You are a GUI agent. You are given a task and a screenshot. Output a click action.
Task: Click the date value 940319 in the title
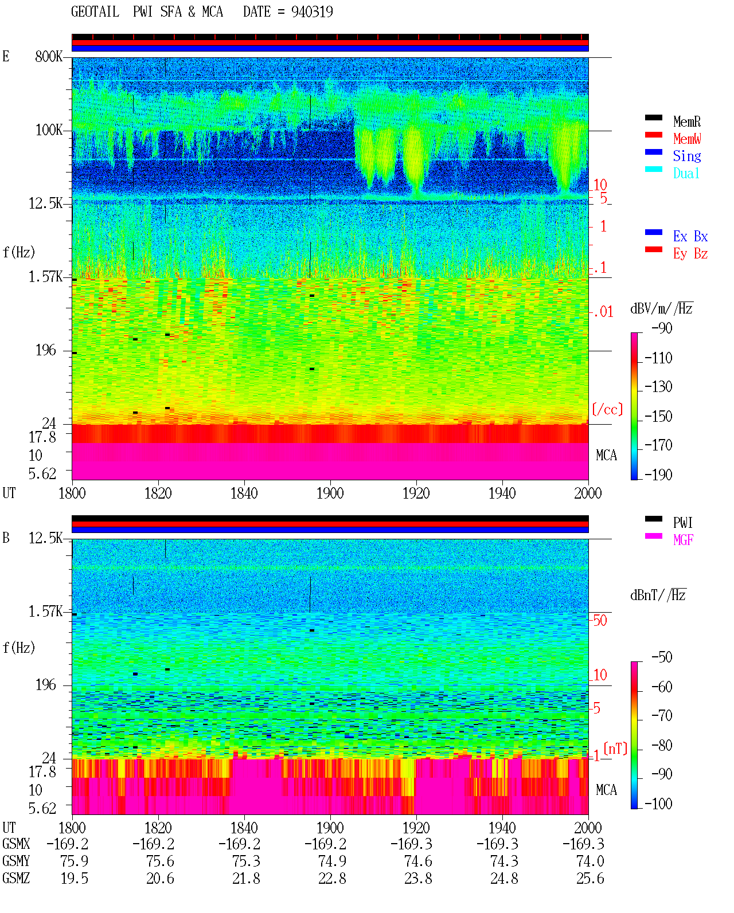click(312, 11)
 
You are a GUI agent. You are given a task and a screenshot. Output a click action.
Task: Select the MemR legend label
click(687, 122)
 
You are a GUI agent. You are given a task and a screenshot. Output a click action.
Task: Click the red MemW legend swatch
click(653, 135)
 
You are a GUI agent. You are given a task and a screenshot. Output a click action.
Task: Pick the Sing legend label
click(687, 156)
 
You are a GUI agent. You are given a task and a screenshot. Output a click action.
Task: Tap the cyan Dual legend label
click(686, 173)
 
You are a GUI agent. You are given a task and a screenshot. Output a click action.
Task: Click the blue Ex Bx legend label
click(690, 236)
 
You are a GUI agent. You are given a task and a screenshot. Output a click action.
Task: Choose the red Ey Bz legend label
click(690, 254)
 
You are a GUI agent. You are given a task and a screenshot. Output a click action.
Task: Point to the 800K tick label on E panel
click(49, 56)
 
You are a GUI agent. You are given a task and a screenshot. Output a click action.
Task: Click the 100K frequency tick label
click(49, 130)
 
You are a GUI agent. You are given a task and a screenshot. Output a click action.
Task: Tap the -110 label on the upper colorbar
click(658, 358)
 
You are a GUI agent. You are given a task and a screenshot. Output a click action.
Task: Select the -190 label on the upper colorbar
click(658, 475)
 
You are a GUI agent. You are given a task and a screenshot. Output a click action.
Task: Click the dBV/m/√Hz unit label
click(661, 308)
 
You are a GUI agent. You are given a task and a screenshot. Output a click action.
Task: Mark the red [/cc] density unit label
click(607, 409)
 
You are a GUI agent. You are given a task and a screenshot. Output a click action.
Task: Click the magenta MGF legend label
click(683, 540)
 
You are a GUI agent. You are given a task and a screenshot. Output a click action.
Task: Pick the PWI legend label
click(683, 522)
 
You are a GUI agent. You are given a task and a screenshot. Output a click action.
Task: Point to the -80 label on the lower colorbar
click(662, 745)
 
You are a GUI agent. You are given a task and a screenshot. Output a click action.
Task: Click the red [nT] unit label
click(615, 749)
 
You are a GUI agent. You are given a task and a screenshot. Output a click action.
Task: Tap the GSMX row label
click(16, 844)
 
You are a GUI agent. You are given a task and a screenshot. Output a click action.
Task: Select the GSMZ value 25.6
click(590, 878)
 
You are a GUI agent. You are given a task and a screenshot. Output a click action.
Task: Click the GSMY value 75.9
click(75, 861)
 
